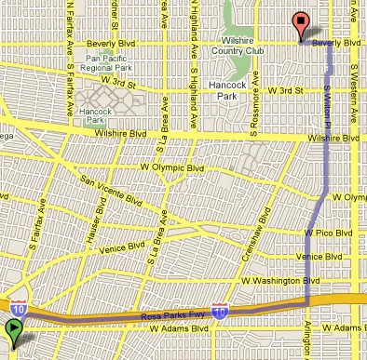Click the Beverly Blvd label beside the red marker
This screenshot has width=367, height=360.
point(336,44)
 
